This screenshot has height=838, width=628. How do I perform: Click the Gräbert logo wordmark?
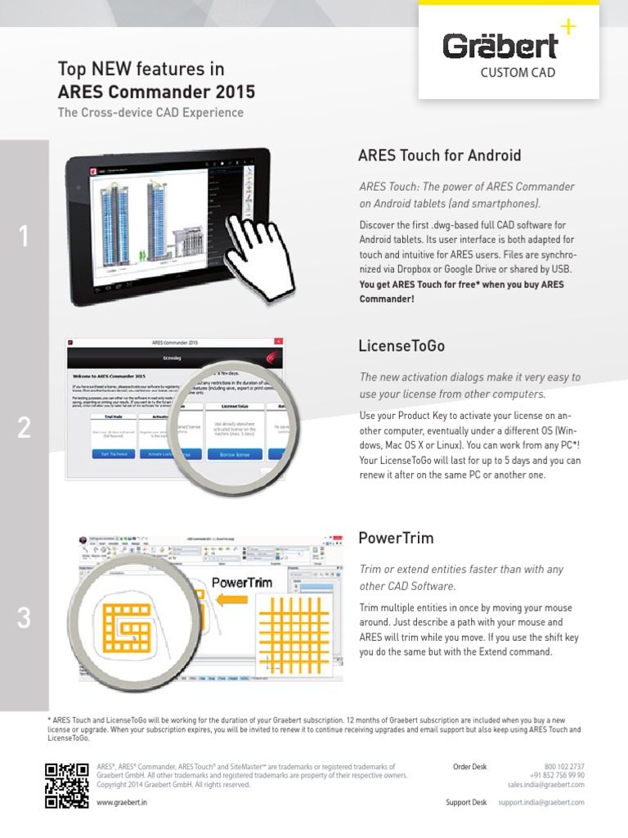coord(500,47)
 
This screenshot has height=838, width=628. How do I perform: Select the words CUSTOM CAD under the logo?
coord(518,73)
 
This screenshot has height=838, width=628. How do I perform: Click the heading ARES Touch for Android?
coord(439,155)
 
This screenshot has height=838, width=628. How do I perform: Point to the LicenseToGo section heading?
coord(401,346)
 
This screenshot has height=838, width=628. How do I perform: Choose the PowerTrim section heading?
coord(396,538)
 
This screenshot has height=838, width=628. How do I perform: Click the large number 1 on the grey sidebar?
coord(24,237)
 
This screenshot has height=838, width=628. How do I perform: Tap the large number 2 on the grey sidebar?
coord(24,427)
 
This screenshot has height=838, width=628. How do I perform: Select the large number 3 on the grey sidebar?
coord(24,619)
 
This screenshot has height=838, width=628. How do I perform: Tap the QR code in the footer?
coord(67,785)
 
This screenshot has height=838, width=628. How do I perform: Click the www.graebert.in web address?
coord(123,803)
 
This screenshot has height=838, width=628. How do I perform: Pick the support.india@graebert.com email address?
coord(541,803)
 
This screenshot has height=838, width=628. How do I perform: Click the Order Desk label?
coord(469,767)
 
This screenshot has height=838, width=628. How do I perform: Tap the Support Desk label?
coord(466,803)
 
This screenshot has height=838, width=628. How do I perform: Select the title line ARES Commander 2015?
coord(156,91)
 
